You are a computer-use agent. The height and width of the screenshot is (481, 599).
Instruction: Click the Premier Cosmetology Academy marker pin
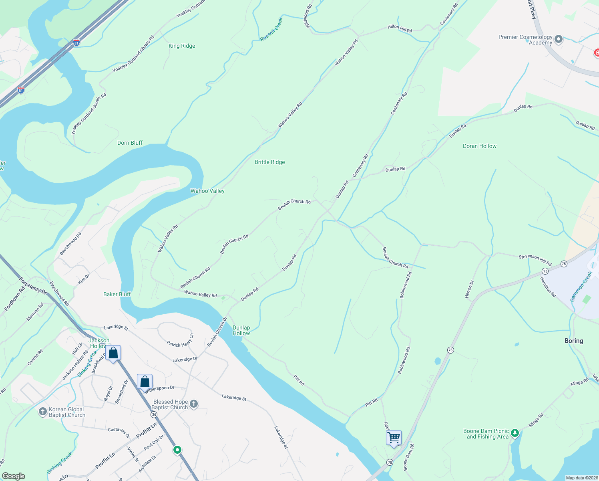coord(559,39)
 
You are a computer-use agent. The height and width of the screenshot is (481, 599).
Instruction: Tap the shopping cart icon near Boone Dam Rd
coord(394,437)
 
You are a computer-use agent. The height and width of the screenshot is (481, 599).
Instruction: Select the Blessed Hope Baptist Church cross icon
coord(194,404)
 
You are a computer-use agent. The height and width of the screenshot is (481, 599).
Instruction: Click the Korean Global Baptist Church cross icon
coord(43,412)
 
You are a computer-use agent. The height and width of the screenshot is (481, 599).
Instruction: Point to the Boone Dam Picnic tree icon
coord(515,433)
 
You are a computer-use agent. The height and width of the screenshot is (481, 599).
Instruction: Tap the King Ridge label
coord(182,46)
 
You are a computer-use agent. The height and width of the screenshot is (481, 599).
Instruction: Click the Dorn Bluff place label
coord(130,143)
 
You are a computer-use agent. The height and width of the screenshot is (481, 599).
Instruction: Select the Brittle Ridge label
coord(270,162)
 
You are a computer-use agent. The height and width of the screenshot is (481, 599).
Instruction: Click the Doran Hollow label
coord(479,146)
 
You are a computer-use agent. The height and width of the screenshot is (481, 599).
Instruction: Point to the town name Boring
coord(573,341)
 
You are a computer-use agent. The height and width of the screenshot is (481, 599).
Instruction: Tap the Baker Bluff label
coord(117,294)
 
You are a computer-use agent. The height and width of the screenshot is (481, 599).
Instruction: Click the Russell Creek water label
coord(271,29)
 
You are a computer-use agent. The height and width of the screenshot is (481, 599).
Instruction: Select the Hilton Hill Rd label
coord(400,28)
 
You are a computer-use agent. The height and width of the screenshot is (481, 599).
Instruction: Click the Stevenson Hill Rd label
coord(535,260)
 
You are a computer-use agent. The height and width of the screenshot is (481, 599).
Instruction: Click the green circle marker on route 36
coord(177,450)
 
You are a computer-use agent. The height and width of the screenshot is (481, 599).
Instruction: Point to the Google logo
coord(14,476)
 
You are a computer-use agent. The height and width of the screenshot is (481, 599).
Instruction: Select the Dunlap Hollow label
coord(241,330)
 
